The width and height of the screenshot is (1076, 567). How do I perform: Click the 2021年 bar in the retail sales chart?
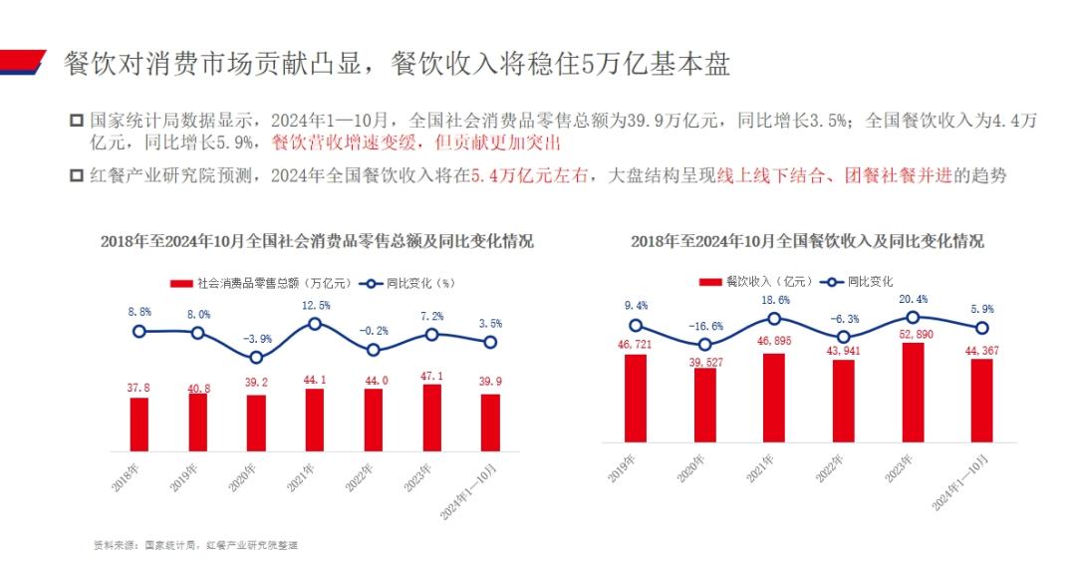point(314,421)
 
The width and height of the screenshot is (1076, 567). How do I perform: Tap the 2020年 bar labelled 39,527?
point(704,405)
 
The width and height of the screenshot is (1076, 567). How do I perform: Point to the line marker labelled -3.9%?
point(256,357)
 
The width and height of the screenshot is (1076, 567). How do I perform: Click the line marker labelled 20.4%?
point(913,317)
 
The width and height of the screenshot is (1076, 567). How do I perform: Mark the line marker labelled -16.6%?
point(704,345)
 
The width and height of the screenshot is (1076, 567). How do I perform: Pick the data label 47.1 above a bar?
point(431,376)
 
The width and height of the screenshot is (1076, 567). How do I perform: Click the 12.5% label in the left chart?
point(315,306)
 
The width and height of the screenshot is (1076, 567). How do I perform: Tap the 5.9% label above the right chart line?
point(981,309)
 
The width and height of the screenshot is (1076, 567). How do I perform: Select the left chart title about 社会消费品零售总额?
point(317,241)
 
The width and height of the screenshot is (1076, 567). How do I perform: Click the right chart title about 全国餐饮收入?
point(807,241)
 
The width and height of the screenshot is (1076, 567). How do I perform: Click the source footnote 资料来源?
point(195,545)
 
